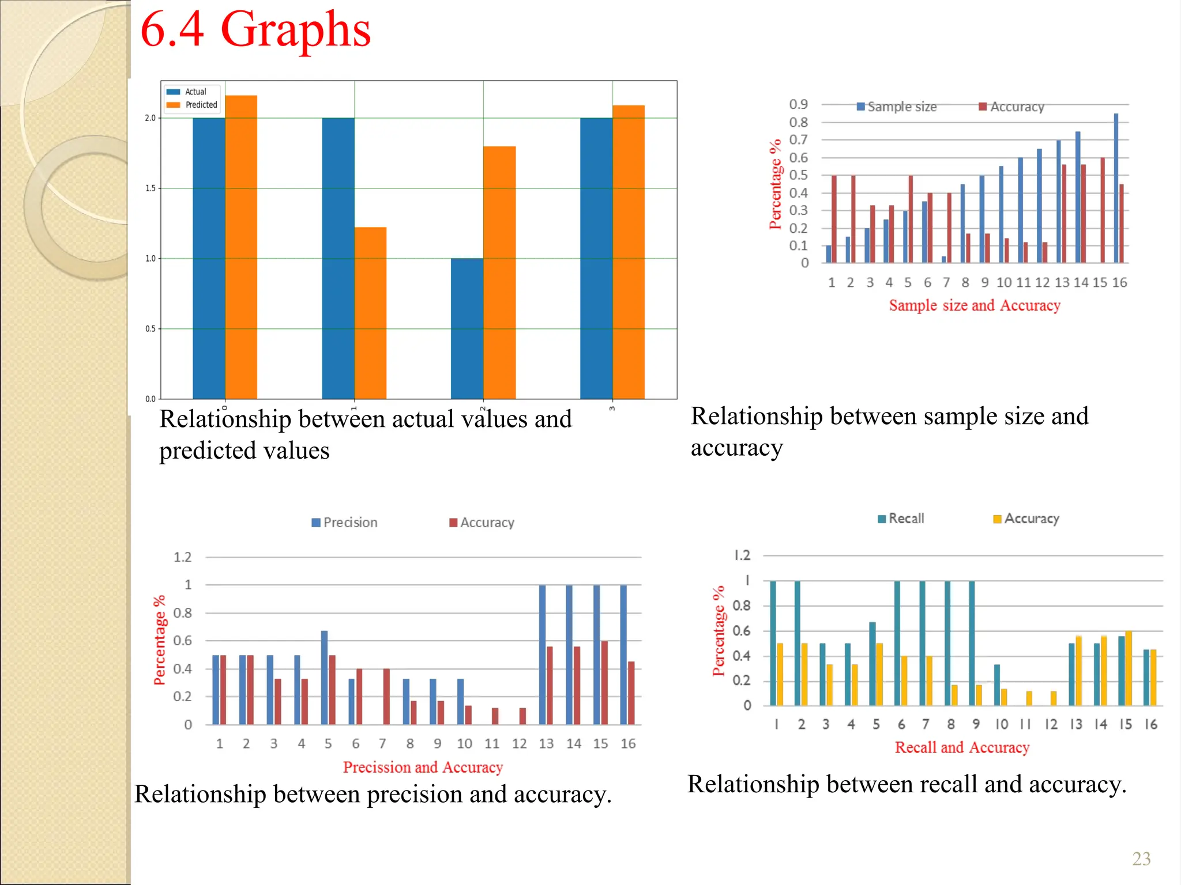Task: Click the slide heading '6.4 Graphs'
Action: point(255,30)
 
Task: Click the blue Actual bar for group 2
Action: point(467,328)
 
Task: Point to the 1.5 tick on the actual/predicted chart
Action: point(151,188)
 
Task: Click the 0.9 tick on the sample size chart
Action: point(799,104)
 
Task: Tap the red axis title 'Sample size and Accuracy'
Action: point(975,305)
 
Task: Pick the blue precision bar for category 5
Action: point(324,678)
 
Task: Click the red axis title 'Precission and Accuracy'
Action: point(423,767)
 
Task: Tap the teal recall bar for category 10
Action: point(997,685)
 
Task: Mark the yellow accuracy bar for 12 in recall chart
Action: point(1054,698)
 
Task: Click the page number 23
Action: point(1141,859)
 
